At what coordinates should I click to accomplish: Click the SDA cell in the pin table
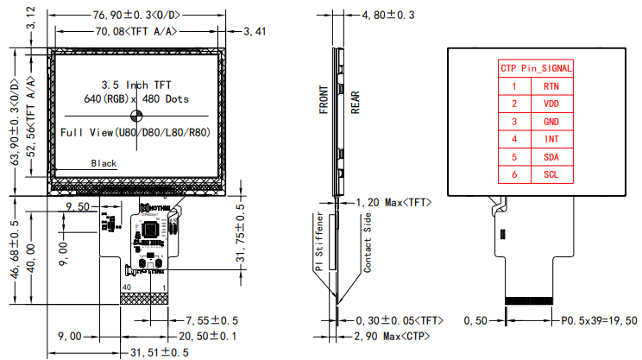pyautogui.click(x=550, y=157)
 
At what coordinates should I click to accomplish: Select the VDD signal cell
pyautogui.click(x=550, y=104)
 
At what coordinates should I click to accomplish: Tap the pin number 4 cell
pyautogui.click(x=514, y=139)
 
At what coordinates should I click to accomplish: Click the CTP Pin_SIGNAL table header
pyautogui.click(x=535, y=68)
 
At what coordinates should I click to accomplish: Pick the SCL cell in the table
pyautogui.click(x=550, y=174)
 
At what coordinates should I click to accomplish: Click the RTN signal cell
pyautogui.click(x=550, y=86)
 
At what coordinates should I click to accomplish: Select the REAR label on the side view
pyautogui.click(x=355, y=100)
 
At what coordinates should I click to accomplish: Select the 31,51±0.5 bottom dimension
pyautogui.click(x=160, y=352)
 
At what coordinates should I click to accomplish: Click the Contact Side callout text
pyautogui.click(x=367, y=244)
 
